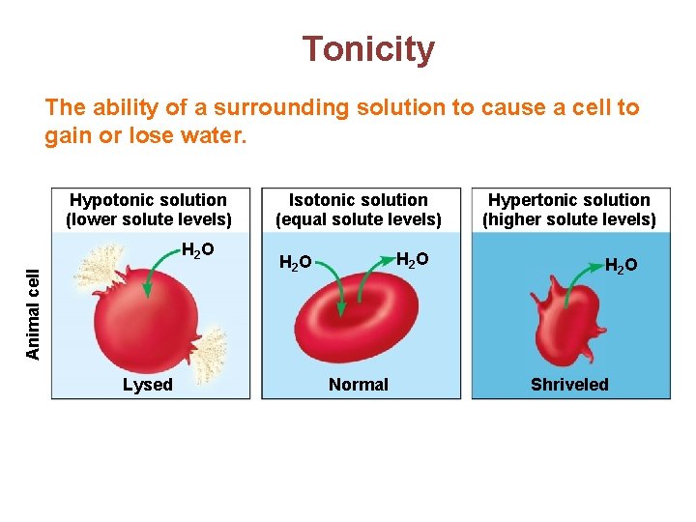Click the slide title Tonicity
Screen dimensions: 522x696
368,48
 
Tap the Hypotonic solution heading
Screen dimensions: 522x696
148,200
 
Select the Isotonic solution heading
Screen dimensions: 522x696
358,200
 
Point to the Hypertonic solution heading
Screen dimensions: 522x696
568,200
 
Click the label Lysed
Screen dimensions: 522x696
148,385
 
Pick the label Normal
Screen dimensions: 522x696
358,385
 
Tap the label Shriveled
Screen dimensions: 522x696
569,385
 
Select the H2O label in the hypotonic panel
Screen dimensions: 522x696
197,251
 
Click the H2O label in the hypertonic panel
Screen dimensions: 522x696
621,265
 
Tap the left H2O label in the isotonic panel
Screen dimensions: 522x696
295,262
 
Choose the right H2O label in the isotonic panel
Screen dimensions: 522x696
413,258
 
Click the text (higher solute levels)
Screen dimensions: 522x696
568,220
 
